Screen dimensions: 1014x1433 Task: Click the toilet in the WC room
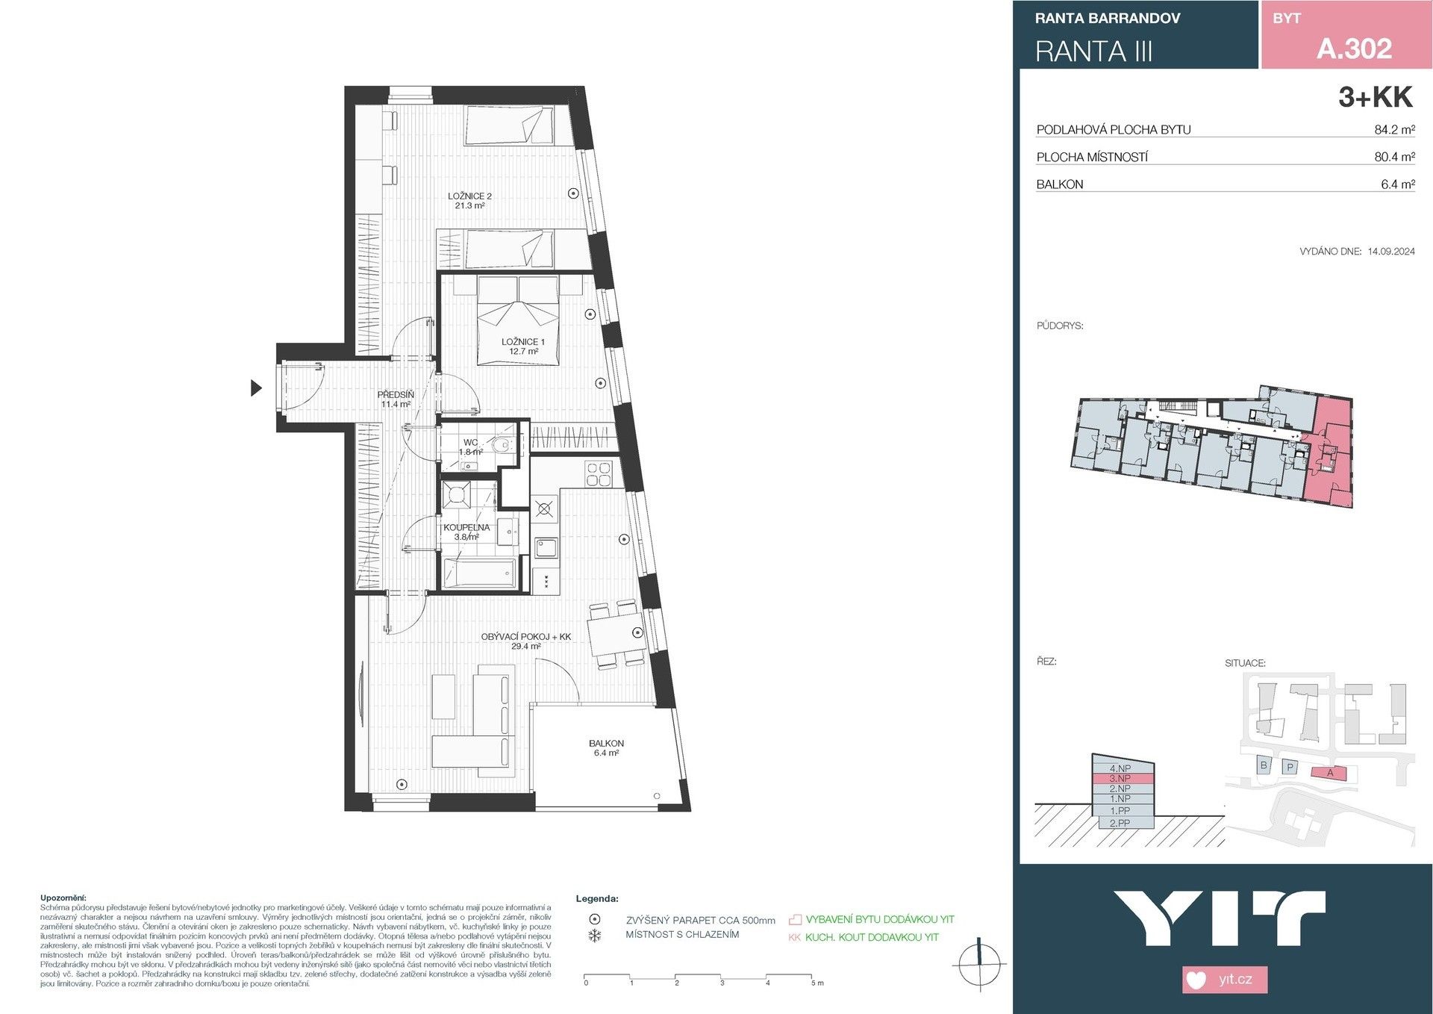[503, 447]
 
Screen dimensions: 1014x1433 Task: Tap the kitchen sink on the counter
[546, 547]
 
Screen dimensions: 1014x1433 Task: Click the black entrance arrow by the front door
[256, 388]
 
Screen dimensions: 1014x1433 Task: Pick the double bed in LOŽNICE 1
[518, 321]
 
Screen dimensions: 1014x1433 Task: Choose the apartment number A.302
[1354, 49]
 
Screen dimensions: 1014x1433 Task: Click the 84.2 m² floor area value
[1394, 130]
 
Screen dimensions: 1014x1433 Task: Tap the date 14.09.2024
[1390, 252]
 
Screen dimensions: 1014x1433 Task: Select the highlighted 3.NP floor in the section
[1122, 778]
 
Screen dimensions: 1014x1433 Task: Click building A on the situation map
[1329, 773]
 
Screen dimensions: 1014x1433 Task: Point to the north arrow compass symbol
[979, 965]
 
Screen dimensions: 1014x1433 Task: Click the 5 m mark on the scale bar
[813, 977]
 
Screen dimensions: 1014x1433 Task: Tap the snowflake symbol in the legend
[595, 936]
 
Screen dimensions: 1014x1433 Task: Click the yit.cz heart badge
[1224, 979]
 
